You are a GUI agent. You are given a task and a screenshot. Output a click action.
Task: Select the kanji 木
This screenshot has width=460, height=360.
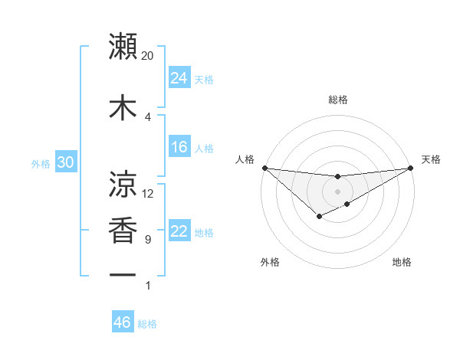(123, 106)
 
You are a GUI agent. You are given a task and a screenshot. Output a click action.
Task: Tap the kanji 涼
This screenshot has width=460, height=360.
(123, 183)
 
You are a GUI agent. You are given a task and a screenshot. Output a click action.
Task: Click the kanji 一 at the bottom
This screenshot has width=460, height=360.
(123, 274)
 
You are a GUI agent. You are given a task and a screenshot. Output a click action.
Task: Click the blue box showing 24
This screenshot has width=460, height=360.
(179, 78)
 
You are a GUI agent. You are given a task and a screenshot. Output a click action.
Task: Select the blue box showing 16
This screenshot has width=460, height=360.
(179, 147)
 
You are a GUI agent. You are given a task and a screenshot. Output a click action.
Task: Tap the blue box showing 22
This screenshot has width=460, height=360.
(179, 231)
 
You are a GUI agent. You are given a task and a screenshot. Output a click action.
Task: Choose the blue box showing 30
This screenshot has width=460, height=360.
(65, 163)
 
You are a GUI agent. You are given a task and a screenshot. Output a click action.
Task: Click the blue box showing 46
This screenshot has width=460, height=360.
(123, 322)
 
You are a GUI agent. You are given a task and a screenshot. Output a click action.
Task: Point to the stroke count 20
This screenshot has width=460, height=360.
(148, 56)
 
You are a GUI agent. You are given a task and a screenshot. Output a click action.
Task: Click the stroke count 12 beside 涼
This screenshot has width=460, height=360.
(148, 194)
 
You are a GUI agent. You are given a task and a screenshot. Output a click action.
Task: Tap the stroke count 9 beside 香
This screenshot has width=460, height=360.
(148, 240)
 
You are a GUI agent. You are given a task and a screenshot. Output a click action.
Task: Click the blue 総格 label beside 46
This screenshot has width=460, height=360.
(147, 324)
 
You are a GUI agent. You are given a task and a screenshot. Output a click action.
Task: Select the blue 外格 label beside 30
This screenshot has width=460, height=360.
(41, 164)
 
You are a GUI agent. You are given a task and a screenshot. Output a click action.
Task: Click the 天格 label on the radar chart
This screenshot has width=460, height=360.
(432, 159)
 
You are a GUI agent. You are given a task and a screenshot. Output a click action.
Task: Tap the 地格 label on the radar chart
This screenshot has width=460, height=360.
(402, 262)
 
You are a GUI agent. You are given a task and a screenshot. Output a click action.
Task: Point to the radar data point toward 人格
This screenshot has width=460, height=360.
(264, 168)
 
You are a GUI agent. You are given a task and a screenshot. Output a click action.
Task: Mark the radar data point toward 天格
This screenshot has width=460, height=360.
(411, 169)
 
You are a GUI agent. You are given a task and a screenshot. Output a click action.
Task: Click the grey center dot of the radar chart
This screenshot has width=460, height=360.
(337, 191)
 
